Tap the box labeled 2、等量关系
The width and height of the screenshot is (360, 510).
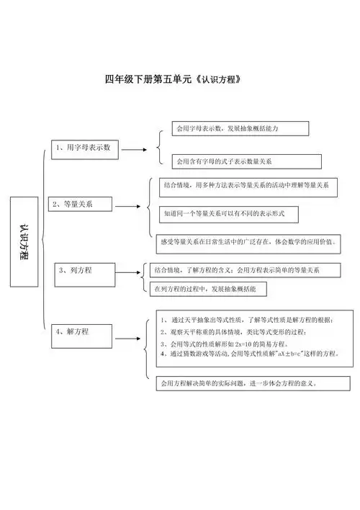[81, 205]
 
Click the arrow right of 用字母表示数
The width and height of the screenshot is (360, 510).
[133, 151]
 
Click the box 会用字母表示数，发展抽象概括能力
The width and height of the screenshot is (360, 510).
[240, 128]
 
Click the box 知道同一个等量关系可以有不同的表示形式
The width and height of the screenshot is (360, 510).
[229, 214]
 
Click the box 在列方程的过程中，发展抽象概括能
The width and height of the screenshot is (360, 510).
[208, 289]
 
